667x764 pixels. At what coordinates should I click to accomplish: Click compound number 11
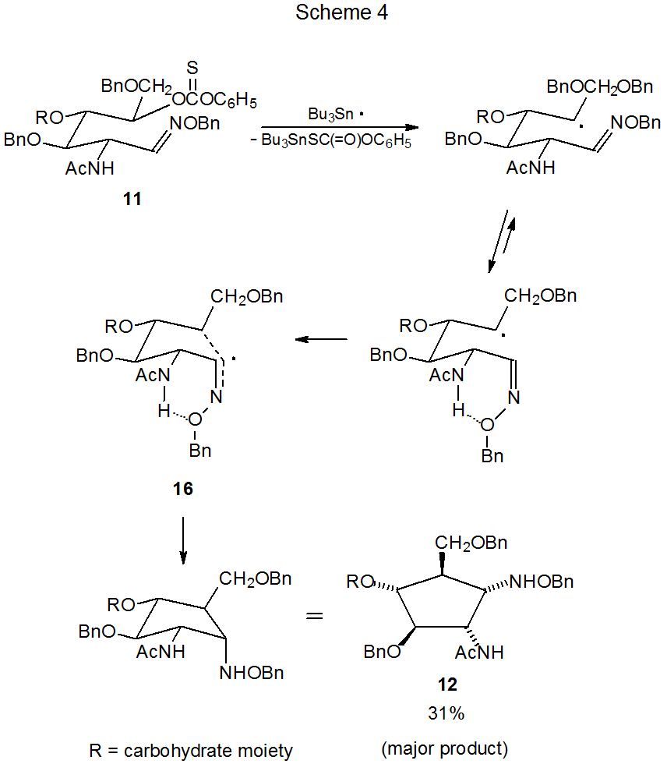[x=133, y=200]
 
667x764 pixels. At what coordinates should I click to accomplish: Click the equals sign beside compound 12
[x=313, y=615]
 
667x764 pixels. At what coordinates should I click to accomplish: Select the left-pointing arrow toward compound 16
[x=320, y=340]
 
